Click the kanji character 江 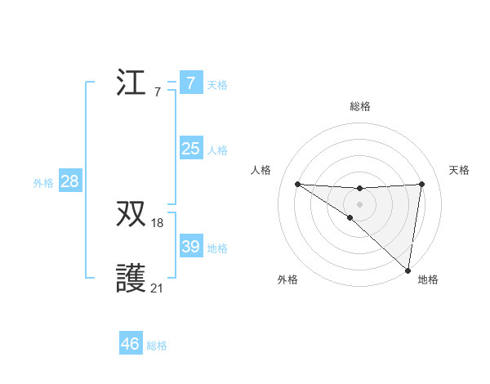pos(131,83)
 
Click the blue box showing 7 pos(190,83)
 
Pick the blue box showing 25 pos(190,149)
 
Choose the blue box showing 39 pos(190,247)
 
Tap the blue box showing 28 pos(69,181)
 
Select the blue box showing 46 pos(130,344)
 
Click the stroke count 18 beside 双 pos(158,223)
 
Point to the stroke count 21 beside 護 pos(158,288)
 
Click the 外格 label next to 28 pos(43,183)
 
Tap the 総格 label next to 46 pos(157,346)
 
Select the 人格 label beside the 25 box pos(217,150)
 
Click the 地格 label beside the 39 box pos(217,248)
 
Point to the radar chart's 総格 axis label pos(359,106)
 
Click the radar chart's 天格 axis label pos(459,170)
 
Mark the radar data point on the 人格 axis pos(297,184)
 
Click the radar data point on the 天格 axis pos(421,184)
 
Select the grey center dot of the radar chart pos(359,203)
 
